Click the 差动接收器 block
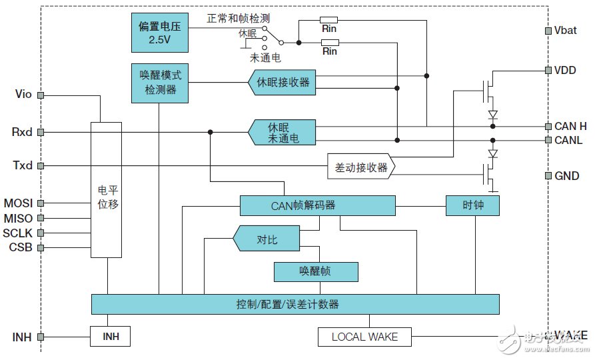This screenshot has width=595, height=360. pos(360,167)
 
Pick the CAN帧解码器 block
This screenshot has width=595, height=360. pos(317,205)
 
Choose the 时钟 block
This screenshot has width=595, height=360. pos(472,205)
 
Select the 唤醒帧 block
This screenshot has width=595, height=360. pos(316,271)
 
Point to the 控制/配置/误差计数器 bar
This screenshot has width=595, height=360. pos(295,304)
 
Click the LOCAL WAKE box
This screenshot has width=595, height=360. pos(364,337)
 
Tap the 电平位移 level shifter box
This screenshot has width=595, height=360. pos(107,190)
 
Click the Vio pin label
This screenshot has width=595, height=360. pos(23,95)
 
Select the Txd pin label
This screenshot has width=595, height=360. pos(23,165)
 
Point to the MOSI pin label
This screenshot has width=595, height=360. pos(18,203)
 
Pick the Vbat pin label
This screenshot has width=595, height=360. pos(565,31)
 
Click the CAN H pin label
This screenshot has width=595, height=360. pos(570,126)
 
